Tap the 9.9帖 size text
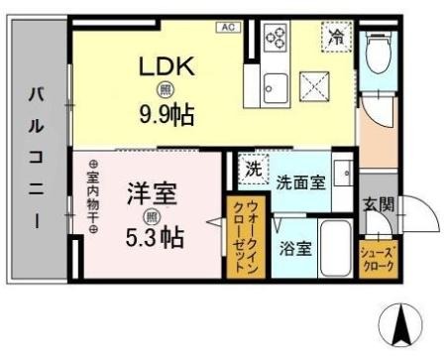(x=166, y=112)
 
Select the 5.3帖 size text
(x=153, y=237)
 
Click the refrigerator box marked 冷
(x=336, y=41)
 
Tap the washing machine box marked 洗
(x=254, y=169)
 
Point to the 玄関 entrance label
(x=379, y=206)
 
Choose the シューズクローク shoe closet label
(x=379, y=258)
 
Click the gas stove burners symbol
(x=276, y=40)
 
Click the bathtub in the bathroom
(x=336, y=248)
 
